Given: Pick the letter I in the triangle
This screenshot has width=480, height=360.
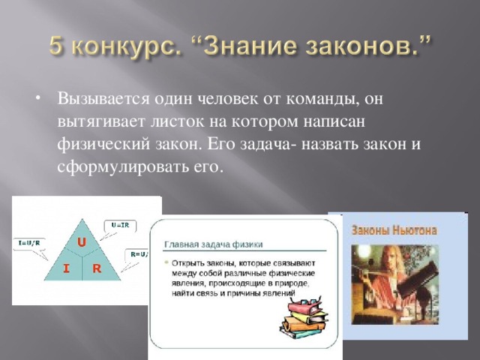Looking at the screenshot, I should [66, 268].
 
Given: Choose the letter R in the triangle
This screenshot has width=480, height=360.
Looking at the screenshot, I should [97, 268].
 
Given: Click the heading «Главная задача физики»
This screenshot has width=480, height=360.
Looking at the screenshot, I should [219, 245].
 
